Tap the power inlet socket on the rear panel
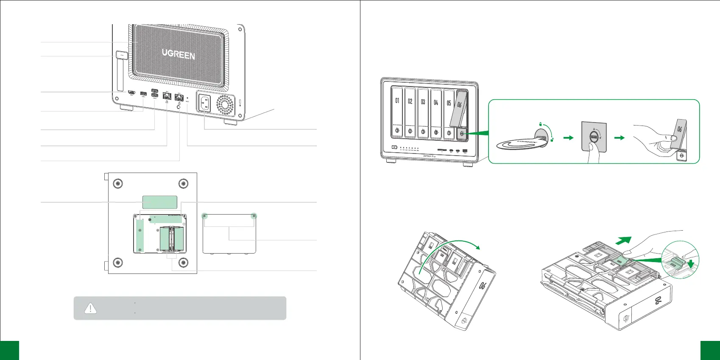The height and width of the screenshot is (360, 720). (204, 103)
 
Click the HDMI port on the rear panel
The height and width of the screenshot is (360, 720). (132, 92)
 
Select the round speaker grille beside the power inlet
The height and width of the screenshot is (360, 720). (225, 104)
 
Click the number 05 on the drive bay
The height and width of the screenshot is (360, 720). (449, 103)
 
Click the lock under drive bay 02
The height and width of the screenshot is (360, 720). (410, 131)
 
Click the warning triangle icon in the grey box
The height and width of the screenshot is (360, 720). (90, 308)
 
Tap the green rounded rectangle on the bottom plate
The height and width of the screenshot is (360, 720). (159, 202)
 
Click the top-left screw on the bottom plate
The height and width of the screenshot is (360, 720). (118, 184)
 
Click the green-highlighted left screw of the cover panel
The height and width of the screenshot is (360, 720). (205, 216)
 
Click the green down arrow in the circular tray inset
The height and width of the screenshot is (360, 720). (692, 264)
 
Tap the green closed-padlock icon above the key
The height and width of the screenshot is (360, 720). (540, 123)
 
